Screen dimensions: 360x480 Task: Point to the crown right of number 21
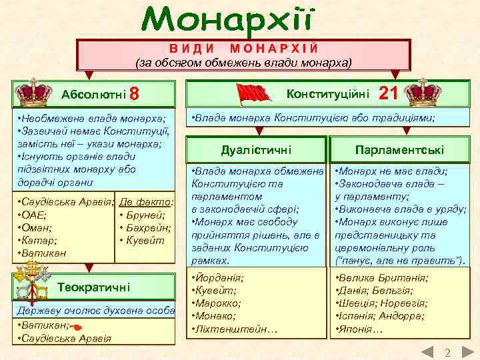(x=424, y=92)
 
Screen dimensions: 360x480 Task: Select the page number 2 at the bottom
(x=448, y=352)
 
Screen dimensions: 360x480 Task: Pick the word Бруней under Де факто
(x=145, y=215)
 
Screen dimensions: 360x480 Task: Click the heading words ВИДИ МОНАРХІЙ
(x=243, y=49)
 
